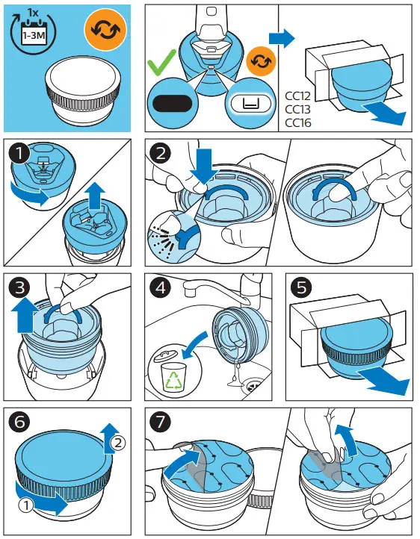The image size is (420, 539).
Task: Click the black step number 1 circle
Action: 19,152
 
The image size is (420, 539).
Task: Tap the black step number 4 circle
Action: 160,287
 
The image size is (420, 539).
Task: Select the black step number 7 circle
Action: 160,422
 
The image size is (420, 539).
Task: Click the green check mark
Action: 161,62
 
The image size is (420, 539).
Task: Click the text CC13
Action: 298,109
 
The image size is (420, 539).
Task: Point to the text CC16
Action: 298,122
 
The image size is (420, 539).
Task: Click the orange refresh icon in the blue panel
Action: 105,30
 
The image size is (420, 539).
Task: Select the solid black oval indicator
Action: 172,104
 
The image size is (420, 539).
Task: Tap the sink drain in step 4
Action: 253,387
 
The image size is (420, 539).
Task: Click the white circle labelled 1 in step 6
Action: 26,505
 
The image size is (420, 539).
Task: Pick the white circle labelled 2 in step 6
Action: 118,443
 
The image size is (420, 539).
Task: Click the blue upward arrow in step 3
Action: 25,315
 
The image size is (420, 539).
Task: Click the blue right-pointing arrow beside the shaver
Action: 282,38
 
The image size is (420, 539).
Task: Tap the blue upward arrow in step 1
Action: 96,196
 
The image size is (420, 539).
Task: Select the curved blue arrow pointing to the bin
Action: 195,345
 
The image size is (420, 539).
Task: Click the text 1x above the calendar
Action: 34,13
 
